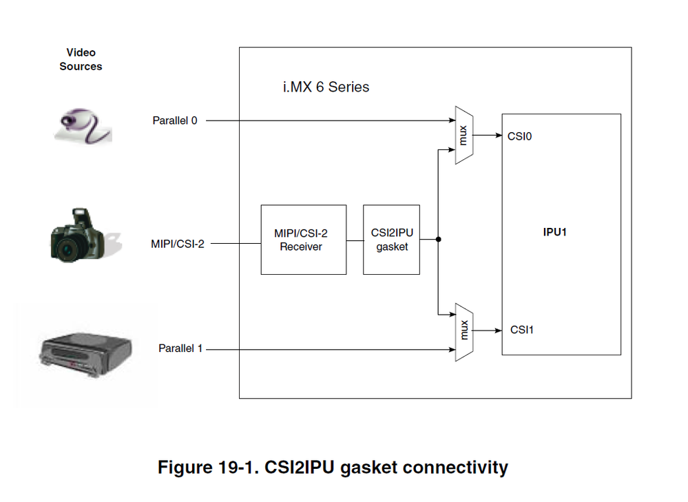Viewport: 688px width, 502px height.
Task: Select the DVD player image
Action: (83, 353)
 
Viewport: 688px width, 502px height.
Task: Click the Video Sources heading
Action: (81, 59)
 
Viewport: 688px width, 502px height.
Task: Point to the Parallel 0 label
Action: (174, 121)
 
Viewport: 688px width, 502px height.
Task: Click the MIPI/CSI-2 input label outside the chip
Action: (177, 243)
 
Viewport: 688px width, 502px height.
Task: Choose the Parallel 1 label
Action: (180, 348)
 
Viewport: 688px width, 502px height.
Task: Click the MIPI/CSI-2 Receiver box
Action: (303, 240)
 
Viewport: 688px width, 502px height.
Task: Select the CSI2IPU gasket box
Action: (391, 240)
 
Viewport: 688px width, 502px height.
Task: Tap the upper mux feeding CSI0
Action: (463, 135)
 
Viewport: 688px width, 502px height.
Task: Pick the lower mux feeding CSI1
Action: (463, 331)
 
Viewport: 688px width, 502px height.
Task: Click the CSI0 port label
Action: (519, 136)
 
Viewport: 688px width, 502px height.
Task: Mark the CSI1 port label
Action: (522, 330)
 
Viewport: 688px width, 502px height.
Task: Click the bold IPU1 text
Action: (554, 232)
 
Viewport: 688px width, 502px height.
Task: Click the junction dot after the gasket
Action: (438, 240)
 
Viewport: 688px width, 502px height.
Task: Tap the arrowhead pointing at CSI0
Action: (499, 136)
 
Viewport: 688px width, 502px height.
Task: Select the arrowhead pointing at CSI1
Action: (499, 331)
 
